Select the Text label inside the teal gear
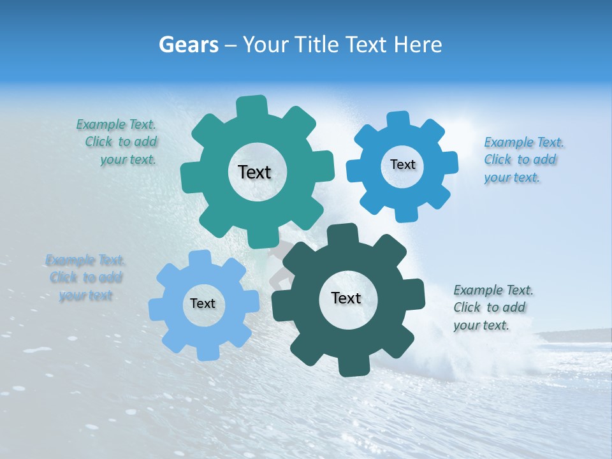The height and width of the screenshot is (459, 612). coord(254,172)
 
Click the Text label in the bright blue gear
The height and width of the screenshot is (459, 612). coord(402,164)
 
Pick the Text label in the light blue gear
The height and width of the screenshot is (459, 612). coord(203,303)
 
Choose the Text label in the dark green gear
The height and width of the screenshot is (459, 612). coord(346,298)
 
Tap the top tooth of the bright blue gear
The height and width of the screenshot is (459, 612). coord(398,120)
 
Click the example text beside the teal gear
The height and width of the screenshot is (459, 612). coord(117,142)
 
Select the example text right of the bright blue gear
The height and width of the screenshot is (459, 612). coord(523,159)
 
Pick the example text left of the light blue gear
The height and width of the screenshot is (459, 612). coord(85,277)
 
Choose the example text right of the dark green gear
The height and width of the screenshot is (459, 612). coord(492,307)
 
